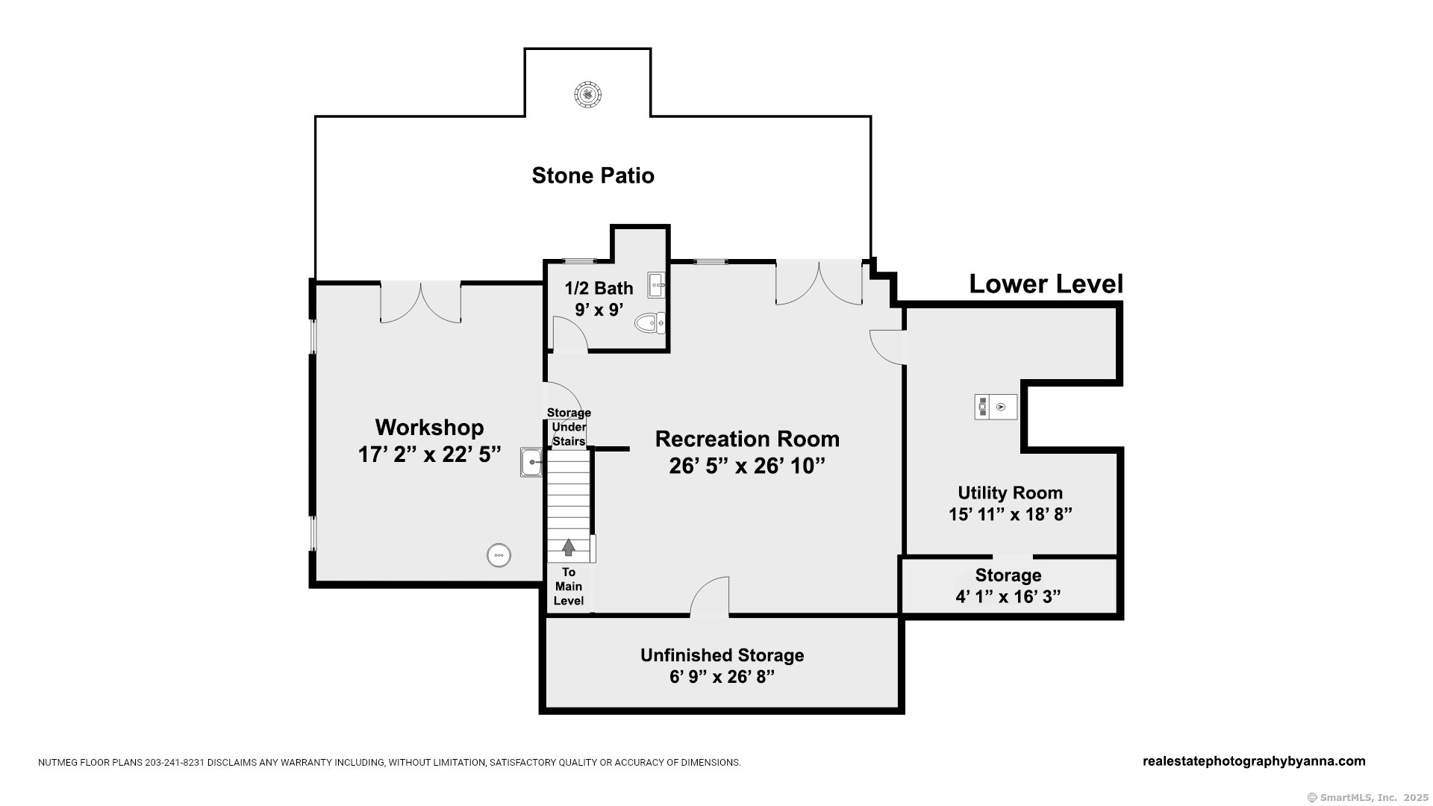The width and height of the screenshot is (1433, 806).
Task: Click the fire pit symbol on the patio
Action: (588, 95)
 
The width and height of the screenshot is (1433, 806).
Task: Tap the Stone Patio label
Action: (593, 175)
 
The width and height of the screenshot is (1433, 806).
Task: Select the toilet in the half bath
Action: (649, 323)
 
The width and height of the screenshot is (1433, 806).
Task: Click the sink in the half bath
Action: (656, 285)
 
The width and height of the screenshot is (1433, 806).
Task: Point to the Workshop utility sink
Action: (531, 463)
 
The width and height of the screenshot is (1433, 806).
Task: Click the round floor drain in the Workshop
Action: (499, 555)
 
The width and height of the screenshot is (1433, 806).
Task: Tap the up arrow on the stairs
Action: (569, 548)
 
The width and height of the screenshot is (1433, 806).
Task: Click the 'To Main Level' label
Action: (569, 587)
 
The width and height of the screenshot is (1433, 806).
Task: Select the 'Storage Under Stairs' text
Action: (569, 427)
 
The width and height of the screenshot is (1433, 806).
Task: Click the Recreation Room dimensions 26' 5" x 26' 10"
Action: (747, 466)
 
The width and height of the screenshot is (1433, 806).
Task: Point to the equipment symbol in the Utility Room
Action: (996, 407)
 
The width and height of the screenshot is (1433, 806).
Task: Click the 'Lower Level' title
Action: (1046, 284)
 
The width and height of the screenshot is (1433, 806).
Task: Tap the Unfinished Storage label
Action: (722, 655)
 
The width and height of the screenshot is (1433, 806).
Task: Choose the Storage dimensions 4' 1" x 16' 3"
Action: (1008, 596)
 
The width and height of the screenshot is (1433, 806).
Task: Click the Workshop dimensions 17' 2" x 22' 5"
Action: (429, 454)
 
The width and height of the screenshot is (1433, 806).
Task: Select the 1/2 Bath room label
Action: (599, 288)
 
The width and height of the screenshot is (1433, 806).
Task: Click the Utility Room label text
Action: (1011, 493)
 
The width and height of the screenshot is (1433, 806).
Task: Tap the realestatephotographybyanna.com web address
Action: (1254, 761)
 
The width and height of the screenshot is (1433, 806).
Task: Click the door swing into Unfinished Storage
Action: (710, 596)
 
